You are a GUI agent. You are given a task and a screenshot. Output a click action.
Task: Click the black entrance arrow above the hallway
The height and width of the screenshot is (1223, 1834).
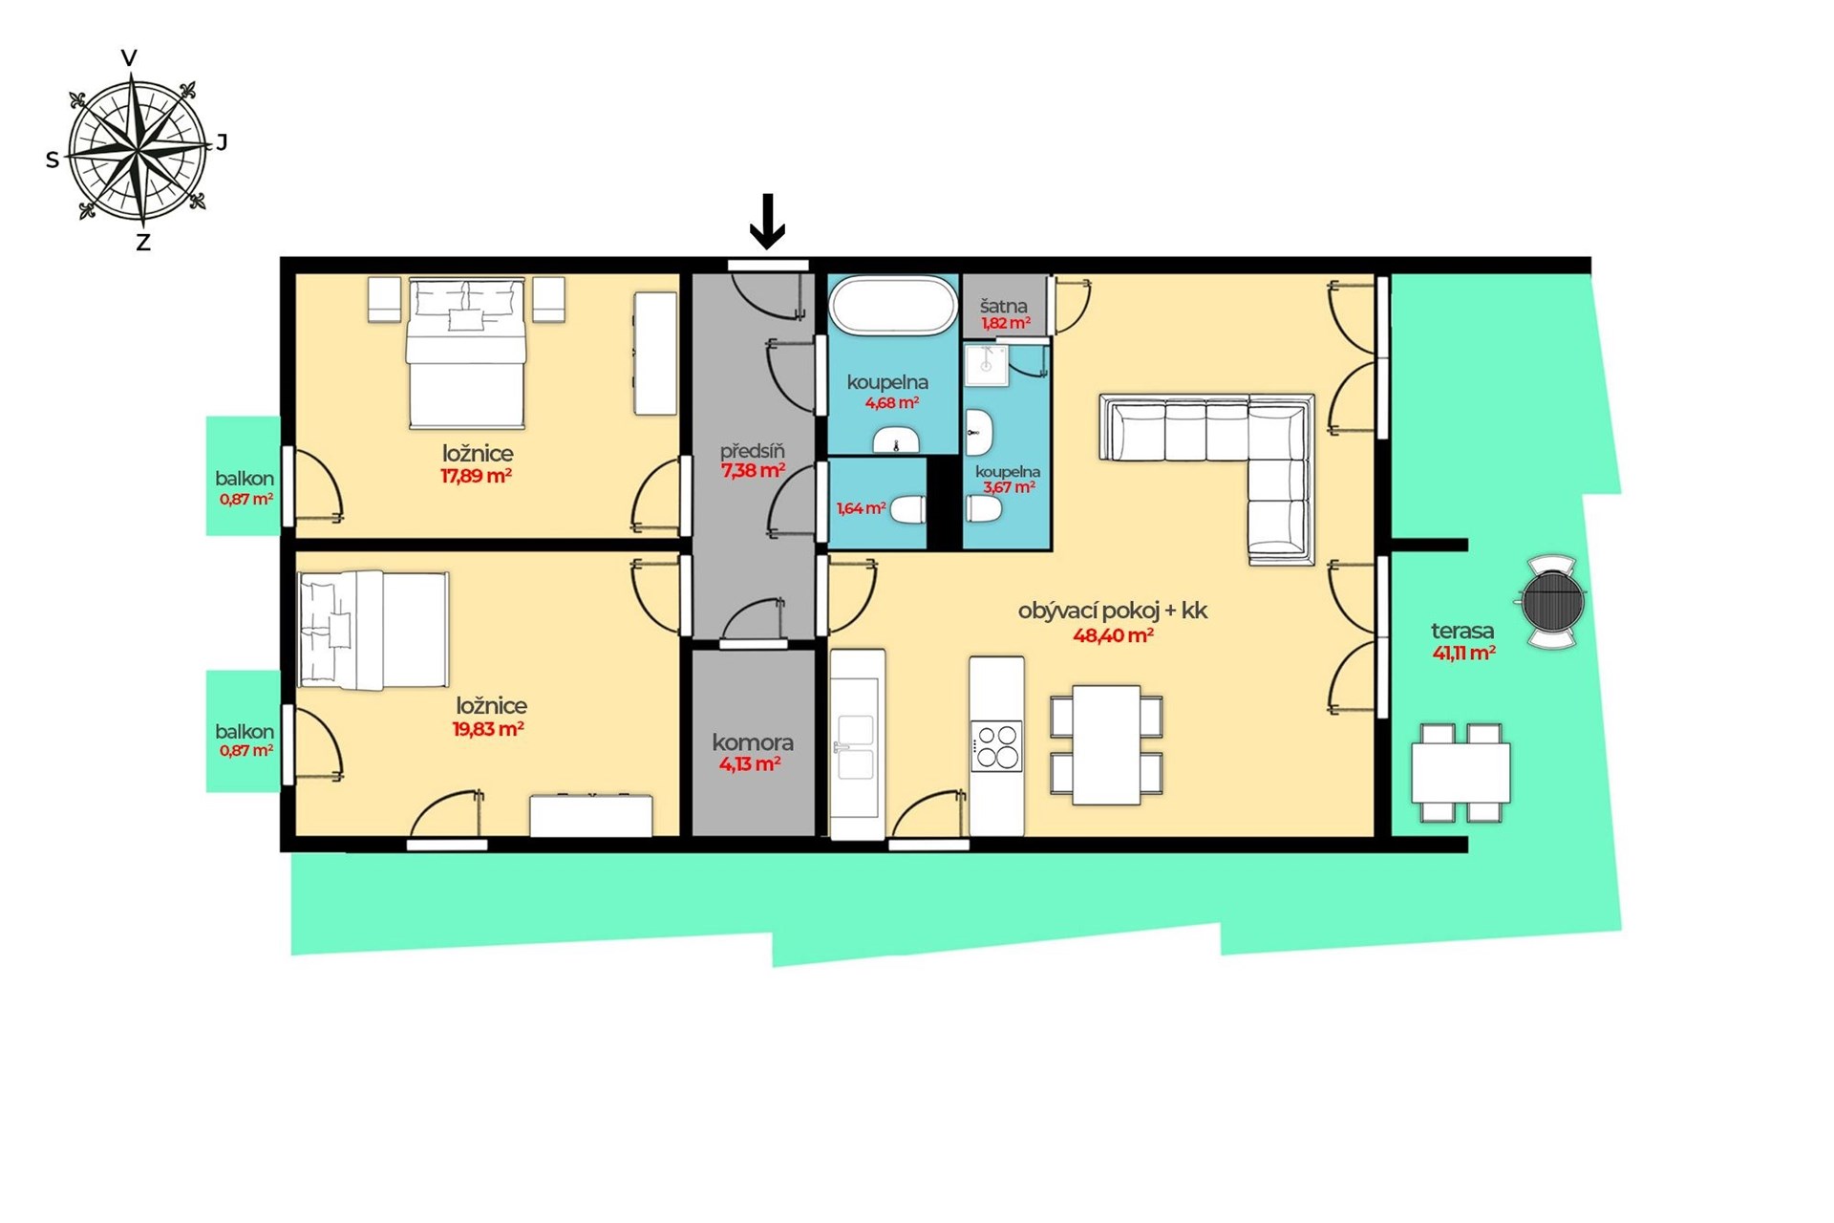pyautogui.click(x=767, y=222)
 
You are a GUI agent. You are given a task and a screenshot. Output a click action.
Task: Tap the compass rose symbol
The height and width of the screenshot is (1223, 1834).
pyautogui.click(x=139, y=149)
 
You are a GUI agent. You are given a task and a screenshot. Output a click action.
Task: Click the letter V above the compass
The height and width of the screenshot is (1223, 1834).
pyautogui.click(x=129, y=58)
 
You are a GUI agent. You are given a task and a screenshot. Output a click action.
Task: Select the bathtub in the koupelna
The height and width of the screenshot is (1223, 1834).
pyautogui.click(x=892, y=306)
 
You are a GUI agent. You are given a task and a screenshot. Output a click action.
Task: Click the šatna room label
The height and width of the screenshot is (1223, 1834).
pyautogui.click(x=1003, y=306)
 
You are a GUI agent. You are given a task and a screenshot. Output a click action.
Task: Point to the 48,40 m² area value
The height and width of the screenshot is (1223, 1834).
pyautogui.click(x=1113, y=635)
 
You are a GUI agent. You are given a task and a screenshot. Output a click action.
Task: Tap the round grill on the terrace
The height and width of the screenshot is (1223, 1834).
pyautogui.click(x=1552, y=602)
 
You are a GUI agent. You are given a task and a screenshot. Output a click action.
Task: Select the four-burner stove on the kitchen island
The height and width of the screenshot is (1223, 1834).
pyautogui.click(x=996, y=746)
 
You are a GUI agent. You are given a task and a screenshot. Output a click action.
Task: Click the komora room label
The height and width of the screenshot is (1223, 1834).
pyautogui.click(x=753, y=741)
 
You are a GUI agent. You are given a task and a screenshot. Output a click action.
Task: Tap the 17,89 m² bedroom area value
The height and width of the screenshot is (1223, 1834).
pyautogui.click(x=476, y=476)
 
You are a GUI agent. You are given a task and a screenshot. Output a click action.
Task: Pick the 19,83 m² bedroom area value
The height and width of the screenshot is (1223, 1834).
pyautogui.click(x=488, y=729)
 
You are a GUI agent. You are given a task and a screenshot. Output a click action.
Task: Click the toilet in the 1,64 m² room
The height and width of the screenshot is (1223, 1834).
pyautogui.click(x=907, y=509)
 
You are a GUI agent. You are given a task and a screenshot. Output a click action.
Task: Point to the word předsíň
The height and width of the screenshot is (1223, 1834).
pyautogui.click(x=753, y=450)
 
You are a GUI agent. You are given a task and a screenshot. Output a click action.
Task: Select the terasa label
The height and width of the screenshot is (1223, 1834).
pyautogui.click(x=1462, y=631)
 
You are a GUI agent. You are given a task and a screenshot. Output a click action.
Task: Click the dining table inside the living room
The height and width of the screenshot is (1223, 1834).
pyautogui.click(x=1106, y=745)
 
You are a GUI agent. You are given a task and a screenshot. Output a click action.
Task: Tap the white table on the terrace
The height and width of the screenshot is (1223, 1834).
pyautogui.click(x=1461, y=773)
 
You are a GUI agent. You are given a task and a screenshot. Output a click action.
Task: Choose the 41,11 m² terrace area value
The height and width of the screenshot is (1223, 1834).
pyautogui.click(x=1463, y=654)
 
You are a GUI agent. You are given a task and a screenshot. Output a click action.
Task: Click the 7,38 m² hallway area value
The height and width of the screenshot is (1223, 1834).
pyautogui.click(x=753, y=470)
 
